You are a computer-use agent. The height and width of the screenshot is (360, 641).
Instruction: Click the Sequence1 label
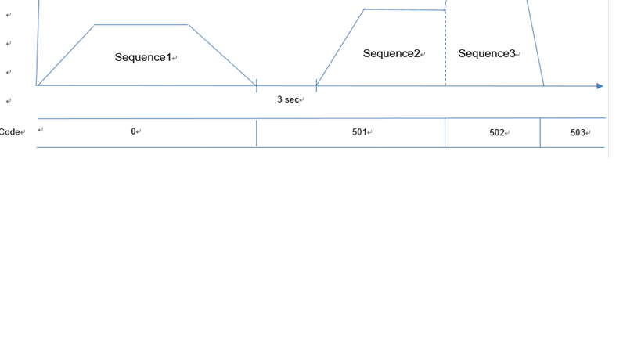click(143, 57)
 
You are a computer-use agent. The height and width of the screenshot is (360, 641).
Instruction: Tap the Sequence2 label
click(391, 53)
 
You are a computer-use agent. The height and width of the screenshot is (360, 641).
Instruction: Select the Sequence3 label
click(487, 53)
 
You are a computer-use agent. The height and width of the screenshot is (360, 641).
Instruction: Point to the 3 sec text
click(288, 99)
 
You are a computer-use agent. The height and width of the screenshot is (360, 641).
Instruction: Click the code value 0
click(134, 131)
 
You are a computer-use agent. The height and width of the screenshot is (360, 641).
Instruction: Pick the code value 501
click(359, 132)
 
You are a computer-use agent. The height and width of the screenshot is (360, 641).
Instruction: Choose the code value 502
click(497, 133)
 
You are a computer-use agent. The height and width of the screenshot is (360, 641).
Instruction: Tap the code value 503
click(578, 133)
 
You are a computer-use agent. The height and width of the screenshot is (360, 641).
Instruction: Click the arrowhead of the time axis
click(600, 86)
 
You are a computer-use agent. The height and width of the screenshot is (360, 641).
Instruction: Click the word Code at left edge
click(9, 132)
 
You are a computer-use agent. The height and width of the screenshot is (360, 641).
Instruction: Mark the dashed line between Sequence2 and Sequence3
click(446, 55)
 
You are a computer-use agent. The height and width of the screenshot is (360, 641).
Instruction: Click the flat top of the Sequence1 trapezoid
click(141, 25)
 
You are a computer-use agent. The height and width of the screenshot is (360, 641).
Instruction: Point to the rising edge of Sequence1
click(66, 55)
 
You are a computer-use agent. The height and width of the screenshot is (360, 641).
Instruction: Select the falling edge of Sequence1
click(222, 55)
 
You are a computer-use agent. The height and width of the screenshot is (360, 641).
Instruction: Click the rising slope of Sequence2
click(340, 47)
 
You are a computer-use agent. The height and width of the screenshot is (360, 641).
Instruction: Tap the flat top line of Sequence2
click(405, 10)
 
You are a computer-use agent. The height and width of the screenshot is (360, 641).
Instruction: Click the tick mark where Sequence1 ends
click(257, 85)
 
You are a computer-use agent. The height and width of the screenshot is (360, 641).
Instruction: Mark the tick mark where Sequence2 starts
click(316, 85)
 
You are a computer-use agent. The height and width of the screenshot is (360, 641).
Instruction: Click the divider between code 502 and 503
click(540, 133)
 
